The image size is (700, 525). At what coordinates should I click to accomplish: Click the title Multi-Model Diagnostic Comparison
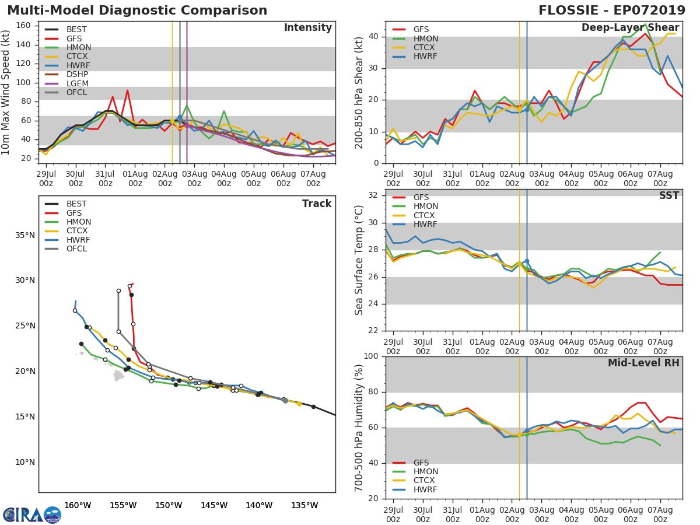[137, 10]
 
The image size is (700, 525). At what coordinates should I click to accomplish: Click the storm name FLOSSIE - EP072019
[612, 10]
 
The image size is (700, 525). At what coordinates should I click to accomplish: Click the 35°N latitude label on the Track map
[25, 236]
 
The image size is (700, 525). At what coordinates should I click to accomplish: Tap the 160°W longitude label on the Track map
[78, 505]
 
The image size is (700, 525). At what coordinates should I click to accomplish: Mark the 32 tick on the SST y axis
[373, 195]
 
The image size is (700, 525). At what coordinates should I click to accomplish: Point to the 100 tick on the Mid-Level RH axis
[371, 356]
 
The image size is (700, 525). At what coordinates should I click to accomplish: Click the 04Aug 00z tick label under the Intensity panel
[224, 179]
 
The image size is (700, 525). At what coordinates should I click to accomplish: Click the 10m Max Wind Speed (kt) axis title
[5, 92]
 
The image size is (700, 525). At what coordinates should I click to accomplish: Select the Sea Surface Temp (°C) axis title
[359, 260]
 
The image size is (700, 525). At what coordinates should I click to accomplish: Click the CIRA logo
[32, 514]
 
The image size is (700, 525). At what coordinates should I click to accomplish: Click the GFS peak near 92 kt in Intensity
[127, 90]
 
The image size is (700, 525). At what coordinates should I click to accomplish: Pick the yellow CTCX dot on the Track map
[299, 404]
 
